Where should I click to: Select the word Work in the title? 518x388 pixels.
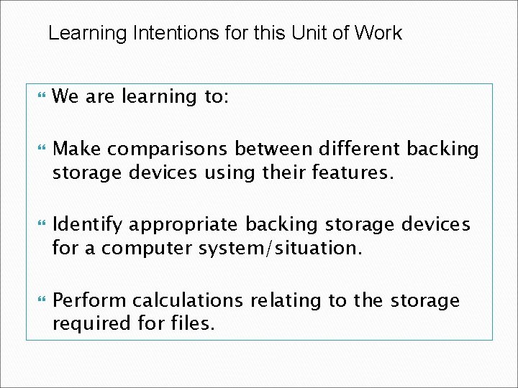[x=378, y=33]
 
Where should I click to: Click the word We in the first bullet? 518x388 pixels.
[x=66, y=96]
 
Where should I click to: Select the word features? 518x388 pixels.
[x=354, y=173]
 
